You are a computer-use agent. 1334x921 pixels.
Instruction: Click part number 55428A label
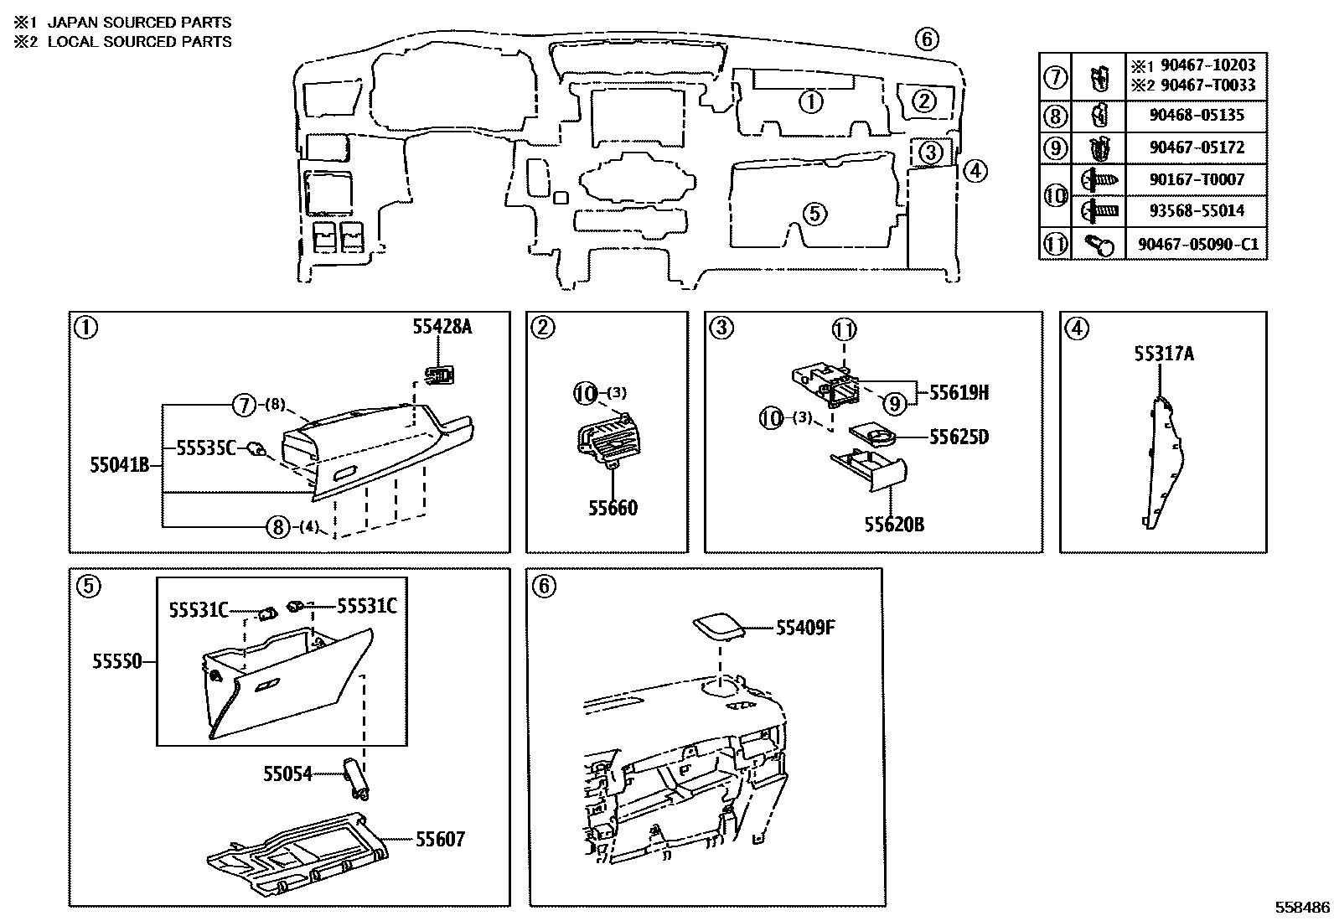point(442,327)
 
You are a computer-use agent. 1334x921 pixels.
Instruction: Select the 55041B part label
point(119,464)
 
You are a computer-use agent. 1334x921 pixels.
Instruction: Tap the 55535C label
point(206,448)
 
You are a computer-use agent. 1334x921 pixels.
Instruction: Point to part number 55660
point(613,508)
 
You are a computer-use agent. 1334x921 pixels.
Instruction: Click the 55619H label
point(959,392)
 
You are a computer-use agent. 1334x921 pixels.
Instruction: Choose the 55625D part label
point(959,437)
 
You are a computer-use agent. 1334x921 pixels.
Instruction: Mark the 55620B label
point(894,525)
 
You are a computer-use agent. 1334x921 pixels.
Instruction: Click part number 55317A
point(1164,354)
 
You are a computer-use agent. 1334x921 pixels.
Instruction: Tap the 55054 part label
point(287,774)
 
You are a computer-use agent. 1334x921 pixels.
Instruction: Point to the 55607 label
point(440,839)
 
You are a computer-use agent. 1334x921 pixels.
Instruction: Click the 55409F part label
point(805,628)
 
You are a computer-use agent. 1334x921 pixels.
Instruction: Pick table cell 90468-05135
point(1197,116)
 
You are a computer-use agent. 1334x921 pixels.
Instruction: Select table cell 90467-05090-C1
point(1197,244)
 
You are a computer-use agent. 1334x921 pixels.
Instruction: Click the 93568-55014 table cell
point(1197,211)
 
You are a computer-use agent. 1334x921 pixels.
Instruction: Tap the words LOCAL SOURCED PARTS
point(139,42)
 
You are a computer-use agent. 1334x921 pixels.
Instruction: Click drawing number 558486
point(1302,908)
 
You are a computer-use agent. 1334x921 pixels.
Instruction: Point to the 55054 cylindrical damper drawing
point(356,778)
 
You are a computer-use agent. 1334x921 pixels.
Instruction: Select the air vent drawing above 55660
point(608,442)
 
